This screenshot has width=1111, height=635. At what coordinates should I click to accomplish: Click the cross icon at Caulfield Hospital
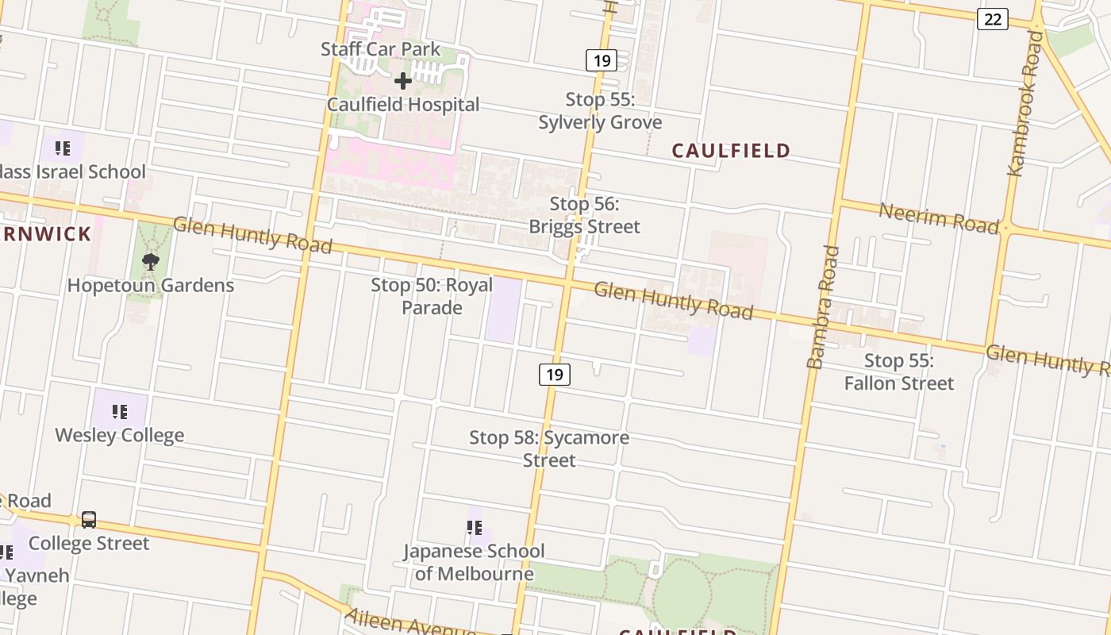click(x=403, y=81)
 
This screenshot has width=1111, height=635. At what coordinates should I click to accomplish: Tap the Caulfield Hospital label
click(x=403, y=105)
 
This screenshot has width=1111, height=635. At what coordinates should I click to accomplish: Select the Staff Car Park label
click(x=380, y=49)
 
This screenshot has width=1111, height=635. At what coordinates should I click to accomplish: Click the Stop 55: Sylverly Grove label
click(x=600, y=111)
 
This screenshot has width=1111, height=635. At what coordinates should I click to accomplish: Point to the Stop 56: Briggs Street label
click(x=584, y=215)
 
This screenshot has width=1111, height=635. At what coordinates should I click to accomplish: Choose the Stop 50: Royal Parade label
click(x=432, y=295)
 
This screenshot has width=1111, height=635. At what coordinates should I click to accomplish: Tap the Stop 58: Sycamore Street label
click(x=549, y=448)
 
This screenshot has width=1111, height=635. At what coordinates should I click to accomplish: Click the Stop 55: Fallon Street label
click(x=898, y=371)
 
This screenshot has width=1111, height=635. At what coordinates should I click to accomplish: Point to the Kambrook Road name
click(x=1025, y=103)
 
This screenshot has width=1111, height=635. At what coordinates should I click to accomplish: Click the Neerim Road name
click(x=938, y=218)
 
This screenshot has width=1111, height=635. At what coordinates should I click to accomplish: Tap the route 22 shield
click(x=992, y=19)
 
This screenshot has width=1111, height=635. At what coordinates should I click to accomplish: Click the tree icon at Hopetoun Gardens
click(x=150, y=261)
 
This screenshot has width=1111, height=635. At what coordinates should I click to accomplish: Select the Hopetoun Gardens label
click(x=151, y=286)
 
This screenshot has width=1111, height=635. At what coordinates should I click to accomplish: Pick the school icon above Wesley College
click(x=119, y=411)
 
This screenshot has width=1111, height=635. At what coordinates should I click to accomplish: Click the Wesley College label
click(x=119, y=435)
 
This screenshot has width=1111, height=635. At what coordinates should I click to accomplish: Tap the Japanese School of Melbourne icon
click(x=475, y=528)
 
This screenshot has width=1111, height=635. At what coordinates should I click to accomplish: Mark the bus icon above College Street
click(x=89, y=520)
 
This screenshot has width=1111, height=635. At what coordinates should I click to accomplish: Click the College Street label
click(x=89, y=544)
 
